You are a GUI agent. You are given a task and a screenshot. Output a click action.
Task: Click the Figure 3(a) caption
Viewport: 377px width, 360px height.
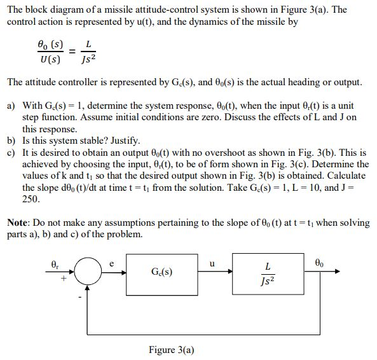(171, 349)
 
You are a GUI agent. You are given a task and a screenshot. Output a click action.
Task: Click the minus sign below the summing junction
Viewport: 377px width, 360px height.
(80, 296)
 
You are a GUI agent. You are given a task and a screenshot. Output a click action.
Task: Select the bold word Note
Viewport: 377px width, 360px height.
(20, 223)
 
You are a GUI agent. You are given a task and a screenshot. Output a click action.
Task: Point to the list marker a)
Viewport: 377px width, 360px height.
(11, 105)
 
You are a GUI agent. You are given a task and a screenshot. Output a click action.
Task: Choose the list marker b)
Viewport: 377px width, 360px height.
(11, 141)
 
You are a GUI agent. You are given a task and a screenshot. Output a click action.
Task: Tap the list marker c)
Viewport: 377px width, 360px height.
(11, 153)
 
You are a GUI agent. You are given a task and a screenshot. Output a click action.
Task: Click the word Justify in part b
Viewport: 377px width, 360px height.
(121, 141)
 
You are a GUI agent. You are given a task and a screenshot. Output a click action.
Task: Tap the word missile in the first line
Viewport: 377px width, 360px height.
(137, 9)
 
